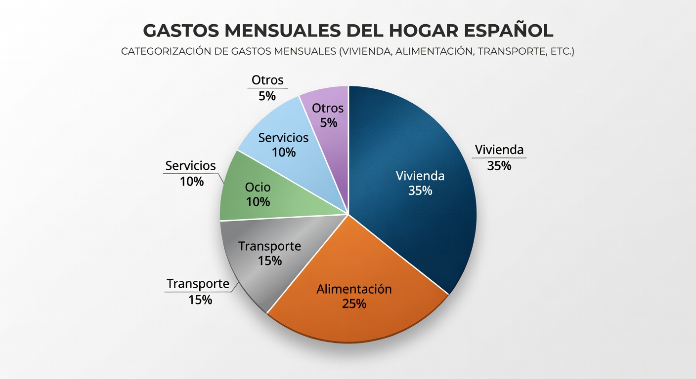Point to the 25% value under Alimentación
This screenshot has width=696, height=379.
354,303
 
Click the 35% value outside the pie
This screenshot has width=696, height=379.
499,166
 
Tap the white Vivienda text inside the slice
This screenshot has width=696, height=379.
420,176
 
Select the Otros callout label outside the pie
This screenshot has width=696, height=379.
267,80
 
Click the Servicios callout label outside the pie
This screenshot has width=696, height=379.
190,166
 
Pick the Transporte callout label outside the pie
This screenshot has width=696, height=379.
198,284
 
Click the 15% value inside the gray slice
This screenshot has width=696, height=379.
269,261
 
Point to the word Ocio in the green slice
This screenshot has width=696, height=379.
258,188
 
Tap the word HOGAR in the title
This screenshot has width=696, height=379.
409,31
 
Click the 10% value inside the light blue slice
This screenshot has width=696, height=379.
284,152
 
